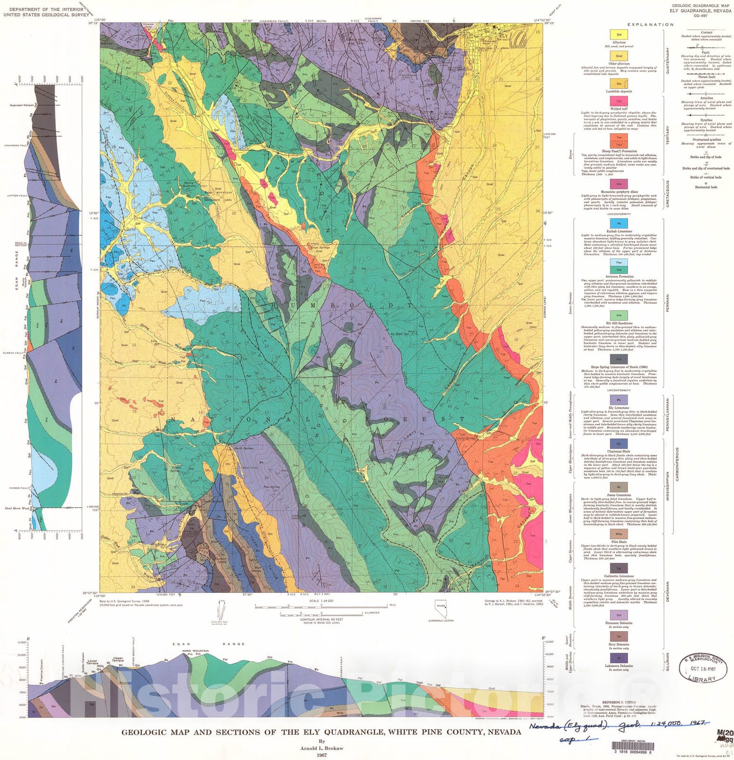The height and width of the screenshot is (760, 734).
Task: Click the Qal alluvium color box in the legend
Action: coord(619,34)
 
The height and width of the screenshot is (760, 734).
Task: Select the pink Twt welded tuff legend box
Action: coord(619,101)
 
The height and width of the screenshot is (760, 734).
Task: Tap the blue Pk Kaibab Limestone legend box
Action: coord(619,223)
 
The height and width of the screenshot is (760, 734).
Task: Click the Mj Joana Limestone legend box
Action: coord(619,487)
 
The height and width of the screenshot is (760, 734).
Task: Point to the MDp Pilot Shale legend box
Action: coord(619,534)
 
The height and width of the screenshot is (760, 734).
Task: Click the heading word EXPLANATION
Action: coord(644,25)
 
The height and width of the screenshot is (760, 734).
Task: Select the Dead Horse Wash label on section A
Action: coord(14,508)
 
